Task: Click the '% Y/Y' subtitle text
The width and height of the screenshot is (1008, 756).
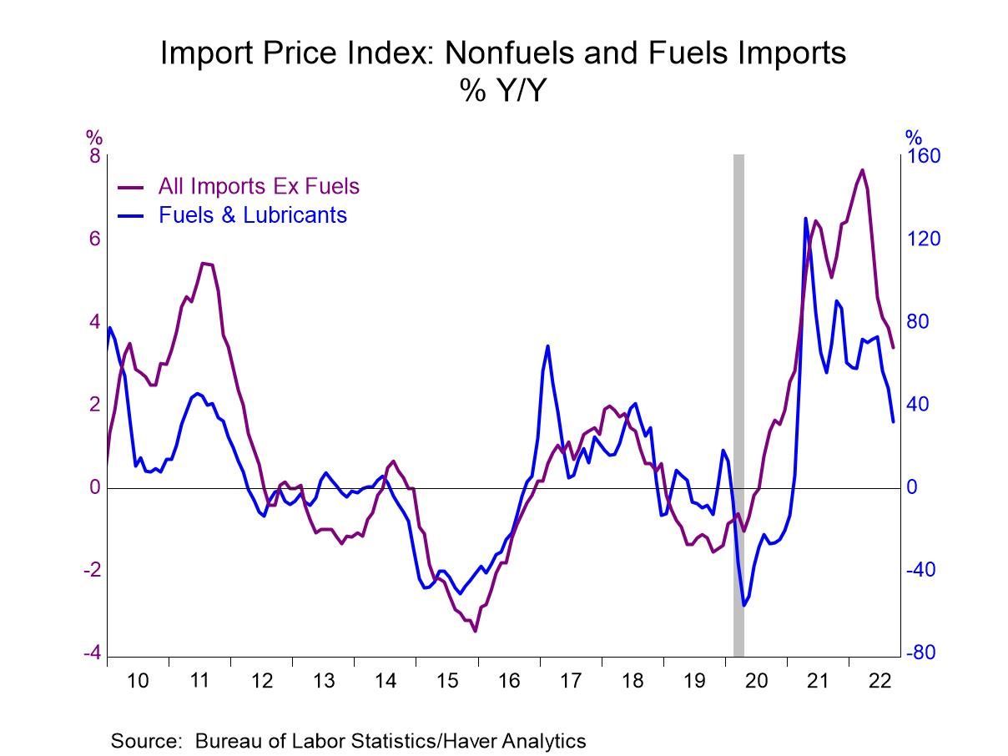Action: pyautogui.click(x=502, y=91)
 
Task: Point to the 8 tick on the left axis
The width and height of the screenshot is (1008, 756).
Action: pyautogui.click(x=94, y=157)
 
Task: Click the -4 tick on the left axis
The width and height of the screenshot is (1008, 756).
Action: pyautogui.click(x=91, y=653)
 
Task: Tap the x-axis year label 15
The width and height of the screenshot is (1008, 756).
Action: pyautogui.click(x=447, y=681)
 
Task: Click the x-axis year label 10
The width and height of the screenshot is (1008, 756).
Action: pyautogui.click(x=138, y=681)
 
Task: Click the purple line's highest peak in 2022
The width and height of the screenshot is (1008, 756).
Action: pyautogui.click(x=862, y=170)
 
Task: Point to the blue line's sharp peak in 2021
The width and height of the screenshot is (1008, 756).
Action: pyautogui.click(x=806, y=219)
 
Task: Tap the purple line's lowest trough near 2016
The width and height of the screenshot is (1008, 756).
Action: pyautogui.click(x=475, y=631)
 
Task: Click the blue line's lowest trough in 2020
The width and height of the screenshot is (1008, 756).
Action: pyautogui.click(x=743, y=605)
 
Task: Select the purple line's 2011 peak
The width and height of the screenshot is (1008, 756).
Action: pyautogui.click(x=204, y=264)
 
